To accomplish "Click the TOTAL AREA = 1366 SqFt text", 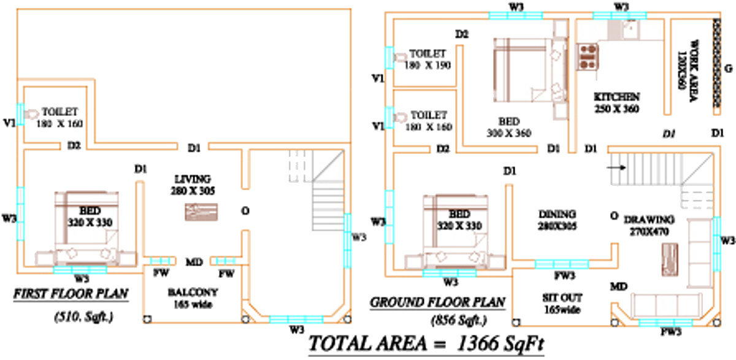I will click(x=426, y=344).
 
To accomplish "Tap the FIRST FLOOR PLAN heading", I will click(x=71, y=295).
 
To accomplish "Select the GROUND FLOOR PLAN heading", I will click(x=437, y=302).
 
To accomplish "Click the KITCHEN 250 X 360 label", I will click(x=616, y=103).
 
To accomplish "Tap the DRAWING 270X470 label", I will click(x=649, y=225).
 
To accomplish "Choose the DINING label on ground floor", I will click(x=557, y=220).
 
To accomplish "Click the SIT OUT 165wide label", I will click(x=562, y=303).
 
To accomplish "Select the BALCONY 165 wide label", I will click(x=193, y=297).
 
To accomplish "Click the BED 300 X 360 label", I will click(x=508, y=127).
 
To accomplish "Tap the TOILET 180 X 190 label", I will click(x=427, y=59).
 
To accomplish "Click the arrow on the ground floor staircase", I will click(x=617, y=166).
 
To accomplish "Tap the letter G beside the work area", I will click(x=728, y=67).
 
